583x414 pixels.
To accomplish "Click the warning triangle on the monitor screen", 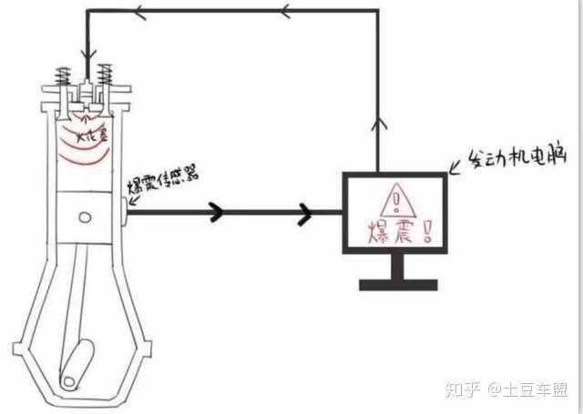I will tap(397, 197).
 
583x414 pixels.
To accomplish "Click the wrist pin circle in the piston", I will tap(86, 217).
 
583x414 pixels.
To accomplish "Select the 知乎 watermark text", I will tap(461, 391).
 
